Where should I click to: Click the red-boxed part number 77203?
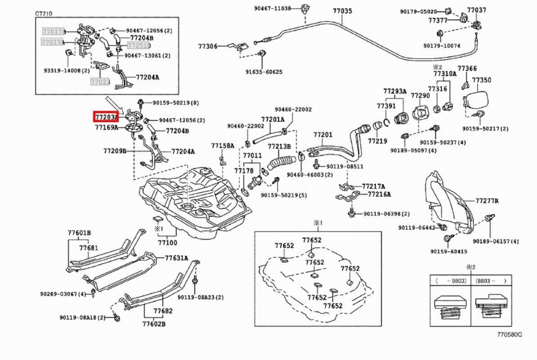click(x=105, y=117)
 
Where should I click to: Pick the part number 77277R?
click(x=487, y=200)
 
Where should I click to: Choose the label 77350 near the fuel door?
click(x=483, y=80)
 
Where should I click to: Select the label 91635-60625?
click(x=264, y=71)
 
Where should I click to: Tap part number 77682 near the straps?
click(x=162, y=311)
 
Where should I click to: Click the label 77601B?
click(x=79, y=233)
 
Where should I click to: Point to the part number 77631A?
click(x=177, y=257)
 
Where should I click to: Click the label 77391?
click(x=386, y=106)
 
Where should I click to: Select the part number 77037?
click(x=477, y=10)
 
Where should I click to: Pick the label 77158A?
click(x=222, y=145)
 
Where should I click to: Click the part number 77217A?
click(x=373, y=185)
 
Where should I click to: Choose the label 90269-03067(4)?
click(x=63, y=294)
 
